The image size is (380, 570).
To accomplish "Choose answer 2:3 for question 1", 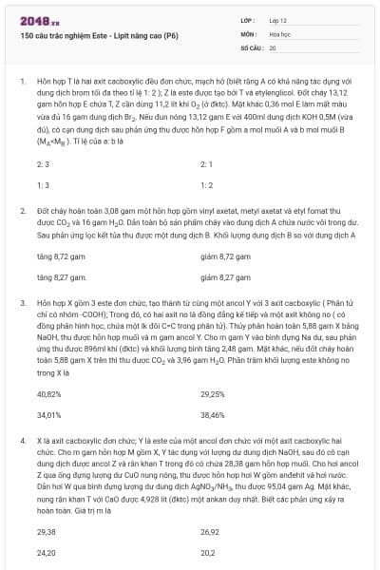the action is click(x=43, y=164).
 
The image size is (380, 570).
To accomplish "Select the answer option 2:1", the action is click(x=206, y=164).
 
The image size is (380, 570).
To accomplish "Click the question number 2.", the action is click(x=22, y=208).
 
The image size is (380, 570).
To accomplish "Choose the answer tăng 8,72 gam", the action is click(x=55, y=256).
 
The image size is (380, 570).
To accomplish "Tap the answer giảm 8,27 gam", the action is click(x=221, y=277).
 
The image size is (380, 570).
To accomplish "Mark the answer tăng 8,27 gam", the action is click(x=55, y=277).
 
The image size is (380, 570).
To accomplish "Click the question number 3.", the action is click(x=22, y=300).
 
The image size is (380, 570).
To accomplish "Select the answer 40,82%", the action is click(x=48, y=393).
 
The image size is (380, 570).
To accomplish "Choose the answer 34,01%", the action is click(x=48, y=414).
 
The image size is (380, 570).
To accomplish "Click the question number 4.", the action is click(x=22, y=440).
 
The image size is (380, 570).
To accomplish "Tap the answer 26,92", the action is click(x=210, y=532).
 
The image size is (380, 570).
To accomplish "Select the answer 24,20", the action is click(x=46, y=552).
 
